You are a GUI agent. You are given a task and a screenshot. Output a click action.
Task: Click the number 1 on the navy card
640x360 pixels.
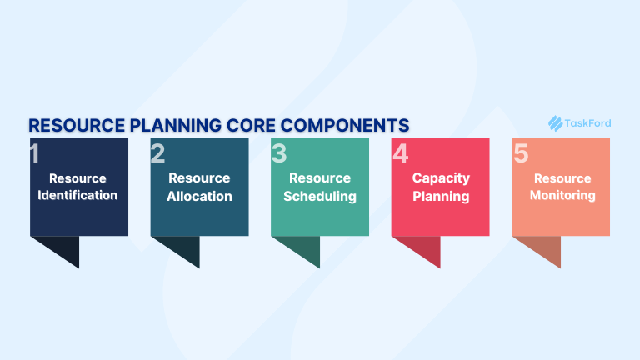click(34, 154)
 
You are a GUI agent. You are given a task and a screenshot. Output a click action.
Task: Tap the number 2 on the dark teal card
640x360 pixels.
click(157, 154)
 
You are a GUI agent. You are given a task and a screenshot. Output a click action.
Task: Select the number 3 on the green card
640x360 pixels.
click(278, 154)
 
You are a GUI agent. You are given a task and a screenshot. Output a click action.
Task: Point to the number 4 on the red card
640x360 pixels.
click(401, 154)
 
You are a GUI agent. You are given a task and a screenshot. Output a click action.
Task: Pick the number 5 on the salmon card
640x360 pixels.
click(521, 154)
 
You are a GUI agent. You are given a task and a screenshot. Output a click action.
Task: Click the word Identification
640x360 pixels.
click(77, 196)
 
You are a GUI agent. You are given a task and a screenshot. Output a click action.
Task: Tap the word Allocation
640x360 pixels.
click(199, 197)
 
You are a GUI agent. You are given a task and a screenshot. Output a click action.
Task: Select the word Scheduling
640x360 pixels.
click(320, 197)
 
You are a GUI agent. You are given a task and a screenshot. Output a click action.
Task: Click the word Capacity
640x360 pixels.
click(441, 178)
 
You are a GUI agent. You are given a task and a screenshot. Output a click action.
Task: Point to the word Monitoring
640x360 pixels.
click(562, 196)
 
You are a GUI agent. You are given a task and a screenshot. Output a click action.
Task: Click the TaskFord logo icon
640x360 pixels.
click(556, 123)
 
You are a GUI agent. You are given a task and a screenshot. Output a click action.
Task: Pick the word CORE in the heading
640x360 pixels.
click(251, 126)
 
